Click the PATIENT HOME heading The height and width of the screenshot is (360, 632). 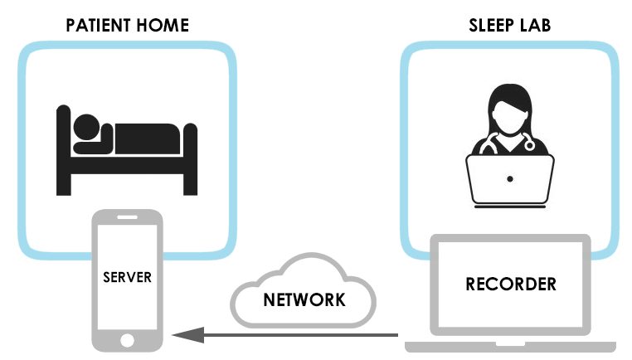[127, 25]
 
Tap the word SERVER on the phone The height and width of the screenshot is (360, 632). [127, 276]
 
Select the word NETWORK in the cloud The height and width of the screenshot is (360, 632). [304, 299]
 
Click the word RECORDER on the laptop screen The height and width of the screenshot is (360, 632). [511, 284]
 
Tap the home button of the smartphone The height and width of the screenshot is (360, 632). [127, 339]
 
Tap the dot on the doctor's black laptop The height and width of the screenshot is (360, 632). [509, 178]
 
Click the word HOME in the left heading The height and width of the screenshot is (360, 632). [165, 25]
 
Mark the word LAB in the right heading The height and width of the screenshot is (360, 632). [536, 25]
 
